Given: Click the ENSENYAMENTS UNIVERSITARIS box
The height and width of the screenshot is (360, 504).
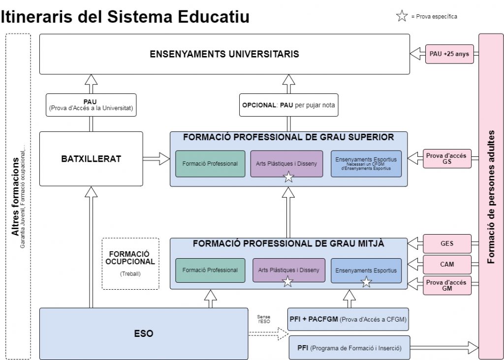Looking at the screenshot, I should click(224, 54).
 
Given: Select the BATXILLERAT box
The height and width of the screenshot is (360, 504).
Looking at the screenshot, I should click(91, 159).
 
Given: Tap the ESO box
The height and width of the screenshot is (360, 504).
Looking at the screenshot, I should click(144, 333).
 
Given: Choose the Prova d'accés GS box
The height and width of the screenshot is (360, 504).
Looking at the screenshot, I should click(447, 159).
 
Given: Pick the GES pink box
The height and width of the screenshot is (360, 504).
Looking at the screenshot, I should click(447, 243).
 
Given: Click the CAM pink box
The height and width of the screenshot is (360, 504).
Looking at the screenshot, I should click(447, 264).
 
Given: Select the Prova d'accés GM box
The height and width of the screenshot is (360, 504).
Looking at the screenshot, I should click(447, 285).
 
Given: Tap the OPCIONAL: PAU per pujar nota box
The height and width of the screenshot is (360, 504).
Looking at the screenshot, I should click(289, 105).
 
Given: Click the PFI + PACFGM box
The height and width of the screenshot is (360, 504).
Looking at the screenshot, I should click(348, 319).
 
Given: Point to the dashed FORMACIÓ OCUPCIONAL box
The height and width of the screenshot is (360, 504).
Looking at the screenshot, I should click(130, 264).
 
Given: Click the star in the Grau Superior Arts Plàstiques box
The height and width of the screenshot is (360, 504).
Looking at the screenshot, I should click(289, 177).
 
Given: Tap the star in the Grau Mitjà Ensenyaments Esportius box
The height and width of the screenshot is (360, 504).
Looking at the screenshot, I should click(366, 282).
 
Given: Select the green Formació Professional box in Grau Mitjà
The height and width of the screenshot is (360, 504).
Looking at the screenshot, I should click(210, 270).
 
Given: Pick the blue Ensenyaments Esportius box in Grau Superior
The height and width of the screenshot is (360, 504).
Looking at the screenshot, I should click(366, 164).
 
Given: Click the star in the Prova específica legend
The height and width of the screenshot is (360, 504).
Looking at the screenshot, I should click(402, 17).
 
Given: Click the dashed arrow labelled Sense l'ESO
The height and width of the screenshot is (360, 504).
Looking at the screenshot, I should click(269, 334).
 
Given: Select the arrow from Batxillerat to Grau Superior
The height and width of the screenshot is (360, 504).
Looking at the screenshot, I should click(156, 158).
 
